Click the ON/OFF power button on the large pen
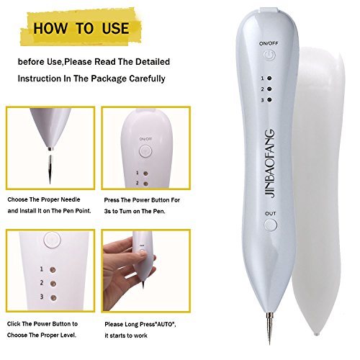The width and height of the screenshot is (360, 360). [270, 55]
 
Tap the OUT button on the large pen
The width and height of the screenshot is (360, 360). [271, 225]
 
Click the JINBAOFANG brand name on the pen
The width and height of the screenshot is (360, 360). [270, 163]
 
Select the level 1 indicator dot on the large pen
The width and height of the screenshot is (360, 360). [269, 78]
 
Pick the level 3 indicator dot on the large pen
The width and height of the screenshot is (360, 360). [269, 99]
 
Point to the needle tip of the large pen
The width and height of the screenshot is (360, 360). [269, 345]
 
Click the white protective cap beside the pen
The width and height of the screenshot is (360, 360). [318, 189]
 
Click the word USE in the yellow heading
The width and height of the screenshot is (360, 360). [115, 28]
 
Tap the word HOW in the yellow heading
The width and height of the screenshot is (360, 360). [50, 28]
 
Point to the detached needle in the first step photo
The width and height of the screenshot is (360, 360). [50, 169]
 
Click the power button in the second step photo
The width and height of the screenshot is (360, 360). [145, 151]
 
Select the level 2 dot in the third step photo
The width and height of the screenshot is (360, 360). [53, 284]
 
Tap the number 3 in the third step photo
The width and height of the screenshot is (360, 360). [42, 297]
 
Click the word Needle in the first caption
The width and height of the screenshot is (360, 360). [71, 199]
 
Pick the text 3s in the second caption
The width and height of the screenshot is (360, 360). [107, 211]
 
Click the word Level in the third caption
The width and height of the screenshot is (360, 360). [68, 335]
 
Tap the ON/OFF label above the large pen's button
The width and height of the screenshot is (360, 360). [269, 43]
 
